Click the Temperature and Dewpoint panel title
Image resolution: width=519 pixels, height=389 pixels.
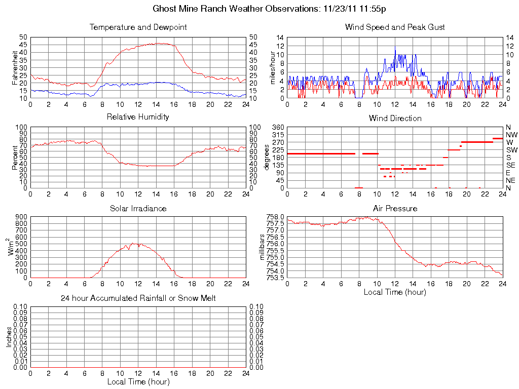coord(138,27)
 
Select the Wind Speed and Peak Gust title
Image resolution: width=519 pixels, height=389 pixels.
coord(395,27)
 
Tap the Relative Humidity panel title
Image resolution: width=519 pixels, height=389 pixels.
coord(138,117)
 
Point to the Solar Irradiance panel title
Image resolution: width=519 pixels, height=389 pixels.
coord(138,208)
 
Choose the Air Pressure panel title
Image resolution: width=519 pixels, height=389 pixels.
coord(395,208)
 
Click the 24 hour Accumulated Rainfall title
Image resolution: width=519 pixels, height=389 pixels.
coord(138,298)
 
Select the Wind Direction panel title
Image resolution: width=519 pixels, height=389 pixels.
coord(395,118)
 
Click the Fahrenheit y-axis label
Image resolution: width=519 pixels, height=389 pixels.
coord(15,67)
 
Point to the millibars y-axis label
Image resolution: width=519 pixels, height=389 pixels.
coord(263,247)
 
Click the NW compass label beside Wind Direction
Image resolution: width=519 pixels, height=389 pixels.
coord(511,135)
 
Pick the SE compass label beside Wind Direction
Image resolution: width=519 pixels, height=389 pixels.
coord(511,165)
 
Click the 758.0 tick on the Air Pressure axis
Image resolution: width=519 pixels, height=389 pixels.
coord(275,217)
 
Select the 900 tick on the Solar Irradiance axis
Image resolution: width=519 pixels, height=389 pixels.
coord(21,217)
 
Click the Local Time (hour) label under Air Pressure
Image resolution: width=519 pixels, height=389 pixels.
coord(395,292)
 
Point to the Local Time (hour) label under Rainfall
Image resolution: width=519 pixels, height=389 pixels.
coord(138,381)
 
